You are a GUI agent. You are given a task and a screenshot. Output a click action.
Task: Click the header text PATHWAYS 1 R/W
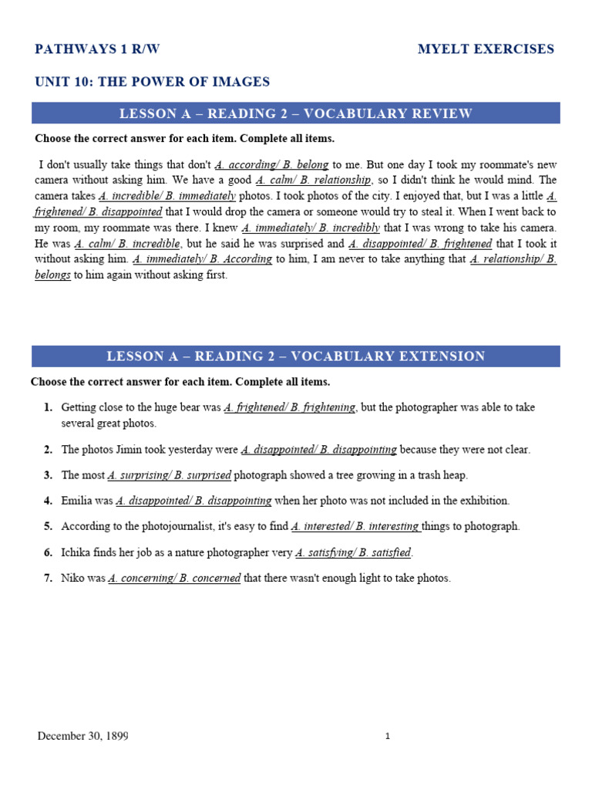97,49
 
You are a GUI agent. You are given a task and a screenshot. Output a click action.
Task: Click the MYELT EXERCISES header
486,49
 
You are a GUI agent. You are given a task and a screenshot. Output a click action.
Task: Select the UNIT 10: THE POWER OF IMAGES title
153,82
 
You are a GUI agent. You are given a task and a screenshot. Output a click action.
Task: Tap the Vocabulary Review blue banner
296,114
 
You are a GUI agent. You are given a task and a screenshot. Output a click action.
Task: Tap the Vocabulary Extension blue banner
296,356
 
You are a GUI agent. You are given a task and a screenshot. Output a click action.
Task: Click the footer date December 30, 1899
83,736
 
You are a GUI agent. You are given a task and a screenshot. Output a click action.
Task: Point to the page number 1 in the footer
388,737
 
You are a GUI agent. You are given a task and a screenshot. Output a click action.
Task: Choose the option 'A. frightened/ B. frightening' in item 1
290,407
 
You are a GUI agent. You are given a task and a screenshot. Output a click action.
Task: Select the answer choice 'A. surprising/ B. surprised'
170,475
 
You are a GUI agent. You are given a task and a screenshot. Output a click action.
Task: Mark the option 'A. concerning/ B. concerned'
174,578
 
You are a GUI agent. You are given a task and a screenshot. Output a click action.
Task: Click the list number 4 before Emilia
48,501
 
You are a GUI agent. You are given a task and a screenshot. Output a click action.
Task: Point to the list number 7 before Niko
48,578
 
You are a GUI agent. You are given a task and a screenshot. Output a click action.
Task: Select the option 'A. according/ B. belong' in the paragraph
272,165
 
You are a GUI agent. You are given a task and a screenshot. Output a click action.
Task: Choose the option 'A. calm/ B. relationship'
313,181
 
